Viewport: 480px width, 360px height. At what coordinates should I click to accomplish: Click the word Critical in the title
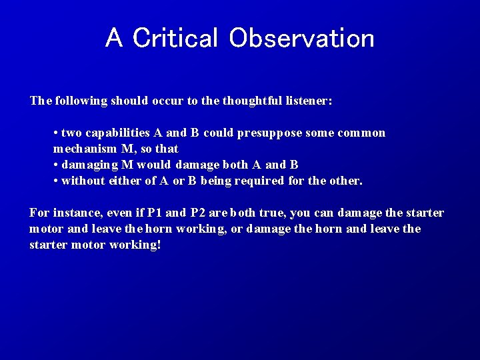[175, 38]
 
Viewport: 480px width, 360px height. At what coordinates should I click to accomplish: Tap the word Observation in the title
[301, 38]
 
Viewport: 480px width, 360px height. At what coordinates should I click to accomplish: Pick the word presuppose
[264, 133]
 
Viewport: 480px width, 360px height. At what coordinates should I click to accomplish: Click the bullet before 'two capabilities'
[56, 133]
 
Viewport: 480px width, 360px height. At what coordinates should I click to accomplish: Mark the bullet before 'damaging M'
[56, 165]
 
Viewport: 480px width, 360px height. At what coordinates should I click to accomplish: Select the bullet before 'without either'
[56, 181]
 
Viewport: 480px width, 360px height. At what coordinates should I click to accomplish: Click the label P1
[155, 213]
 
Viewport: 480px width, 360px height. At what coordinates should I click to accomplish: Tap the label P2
[198, 213]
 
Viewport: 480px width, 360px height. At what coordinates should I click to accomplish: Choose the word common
[362, 133]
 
